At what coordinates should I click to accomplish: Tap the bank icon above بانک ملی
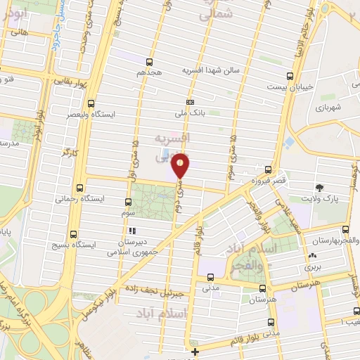(x=191, y=102)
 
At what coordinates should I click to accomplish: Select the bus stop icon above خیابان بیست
(x=290, y=77)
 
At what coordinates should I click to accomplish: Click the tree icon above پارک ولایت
(x=319, y=187)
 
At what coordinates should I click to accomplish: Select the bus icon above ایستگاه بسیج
(x=72, y=236)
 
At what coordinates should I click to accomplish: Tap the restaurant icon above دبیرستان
(x=131, y=230)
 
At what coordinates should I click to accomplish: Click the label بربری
(x=311, y=268)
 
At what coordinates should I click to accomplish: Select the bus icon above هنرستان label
(x=262, y=288)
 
